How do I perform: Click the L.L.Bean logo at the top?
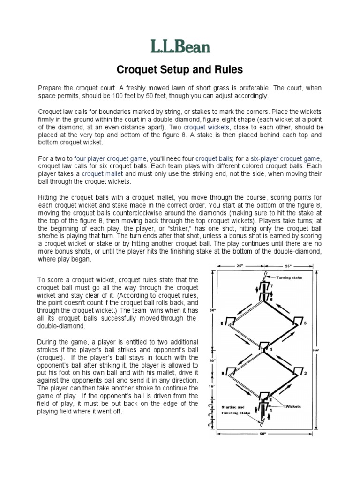click(180, 46)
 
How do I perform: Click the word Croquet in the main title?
click(136, 70)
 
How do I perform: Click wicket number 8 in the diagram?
click(230, 322)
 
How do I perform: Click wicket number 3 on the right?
click(297, 373)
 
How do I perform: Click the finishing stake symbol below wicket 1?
click(261, 420)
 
